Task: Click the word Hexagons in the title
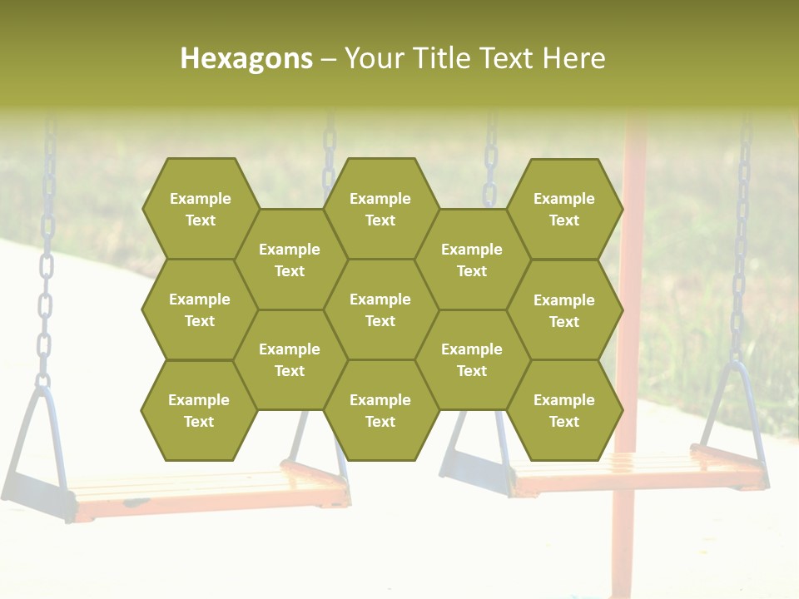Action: (246, 58)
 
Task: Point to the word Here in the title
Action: (573, 58)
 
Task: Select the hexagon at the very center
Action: (380, 309)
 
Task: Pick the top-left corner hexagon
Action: (200, 209)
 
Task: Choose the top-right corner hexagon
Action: (564, 209)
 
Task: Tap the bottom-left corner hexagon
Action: (199, 410)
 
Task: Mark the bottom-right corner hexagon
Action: (564, 410)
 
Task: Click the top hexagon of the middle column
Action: (380, 209)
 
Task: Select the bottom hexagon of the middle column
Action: (380, 410)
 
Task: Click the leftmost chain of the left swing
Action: (47, 250)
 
